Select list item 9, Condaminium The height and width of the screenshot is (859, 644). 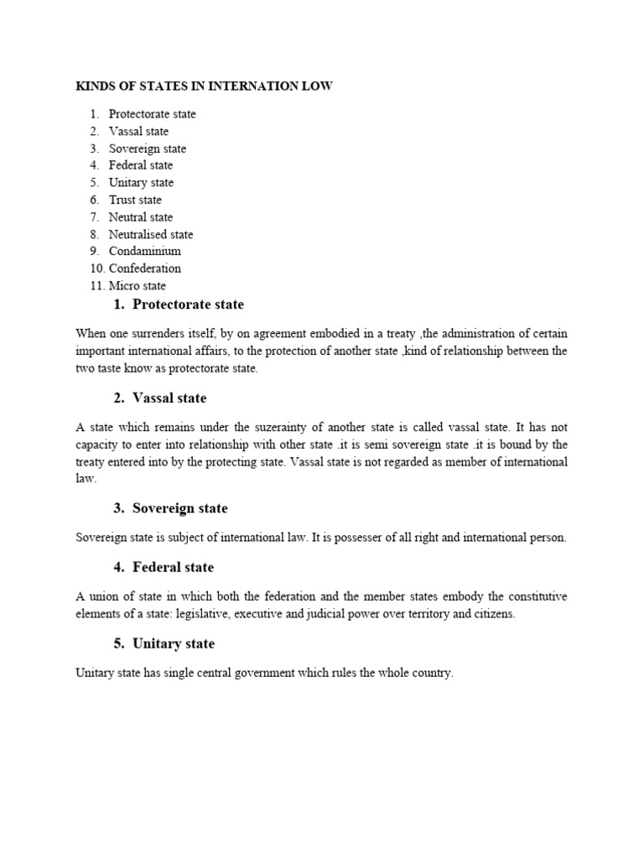coord(144,251)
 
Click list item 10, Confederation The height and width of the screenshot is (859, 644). coord(144,268)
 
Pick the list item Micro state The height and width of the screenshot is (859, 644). coord(138,286)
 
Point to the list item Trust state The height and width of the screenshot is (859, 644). coord(135,200)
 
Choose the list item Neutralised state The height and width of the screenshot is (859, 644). coord(151,234)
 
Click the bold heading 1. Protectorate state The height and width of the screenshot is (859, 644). coord(178,305)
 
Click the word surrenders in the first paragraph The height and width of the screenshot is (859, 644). coord(166,333)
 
